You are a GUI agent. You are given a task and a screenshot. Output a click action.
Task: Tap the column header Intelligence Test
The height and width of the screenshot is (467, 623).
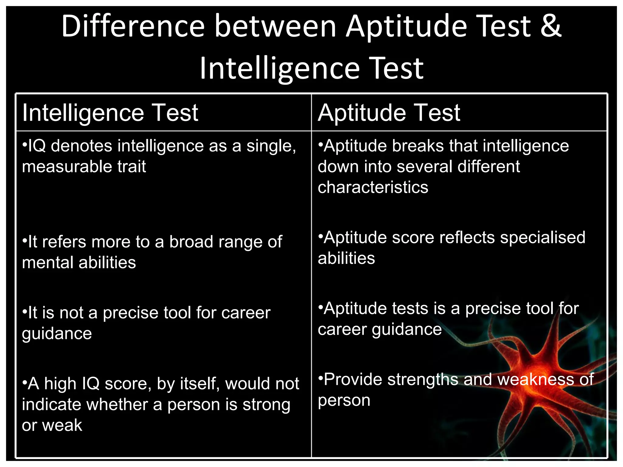(110, 113)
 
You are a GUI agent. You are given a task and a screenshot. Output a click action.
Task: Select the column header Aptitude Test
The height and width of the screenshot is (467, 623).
(389, 113)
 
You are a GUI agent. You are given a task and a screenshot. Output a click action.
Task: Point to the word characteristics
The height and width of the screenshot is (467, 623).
(373, 187)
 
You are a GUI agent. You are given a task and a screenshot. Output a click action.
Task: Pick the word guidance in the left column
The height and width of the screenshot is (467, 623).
(57, 334)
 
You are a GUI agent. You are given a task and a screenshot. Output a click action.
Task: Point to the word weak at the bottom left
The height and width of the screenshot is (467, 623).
(62, 425)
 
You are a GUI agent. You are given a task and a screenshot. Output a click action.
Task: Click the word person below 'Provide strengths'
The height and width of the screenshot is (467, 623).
(344, 400)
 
